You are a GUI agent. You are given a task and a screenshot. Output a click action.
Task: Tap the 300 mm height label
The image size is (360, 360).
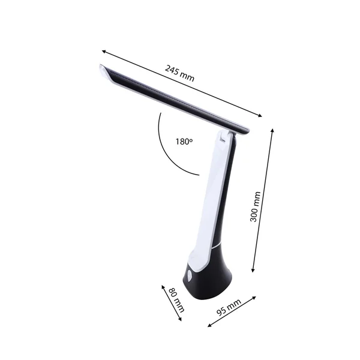coord(254,206)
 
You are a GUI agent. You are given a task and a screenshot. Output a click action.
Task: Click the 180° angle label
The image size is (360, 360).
coord(184,142)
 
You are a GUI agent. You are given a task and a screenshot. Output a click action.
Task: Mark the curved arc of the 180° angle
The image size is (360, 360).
coord(165,150)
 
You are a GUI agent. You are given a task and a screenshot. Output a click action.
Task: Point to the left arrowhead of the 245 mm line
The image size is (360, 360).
coord(103,51)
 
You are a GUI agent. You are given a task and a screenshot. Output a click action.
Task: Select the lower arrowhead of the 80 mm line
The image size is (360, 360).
coord(182,321)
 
